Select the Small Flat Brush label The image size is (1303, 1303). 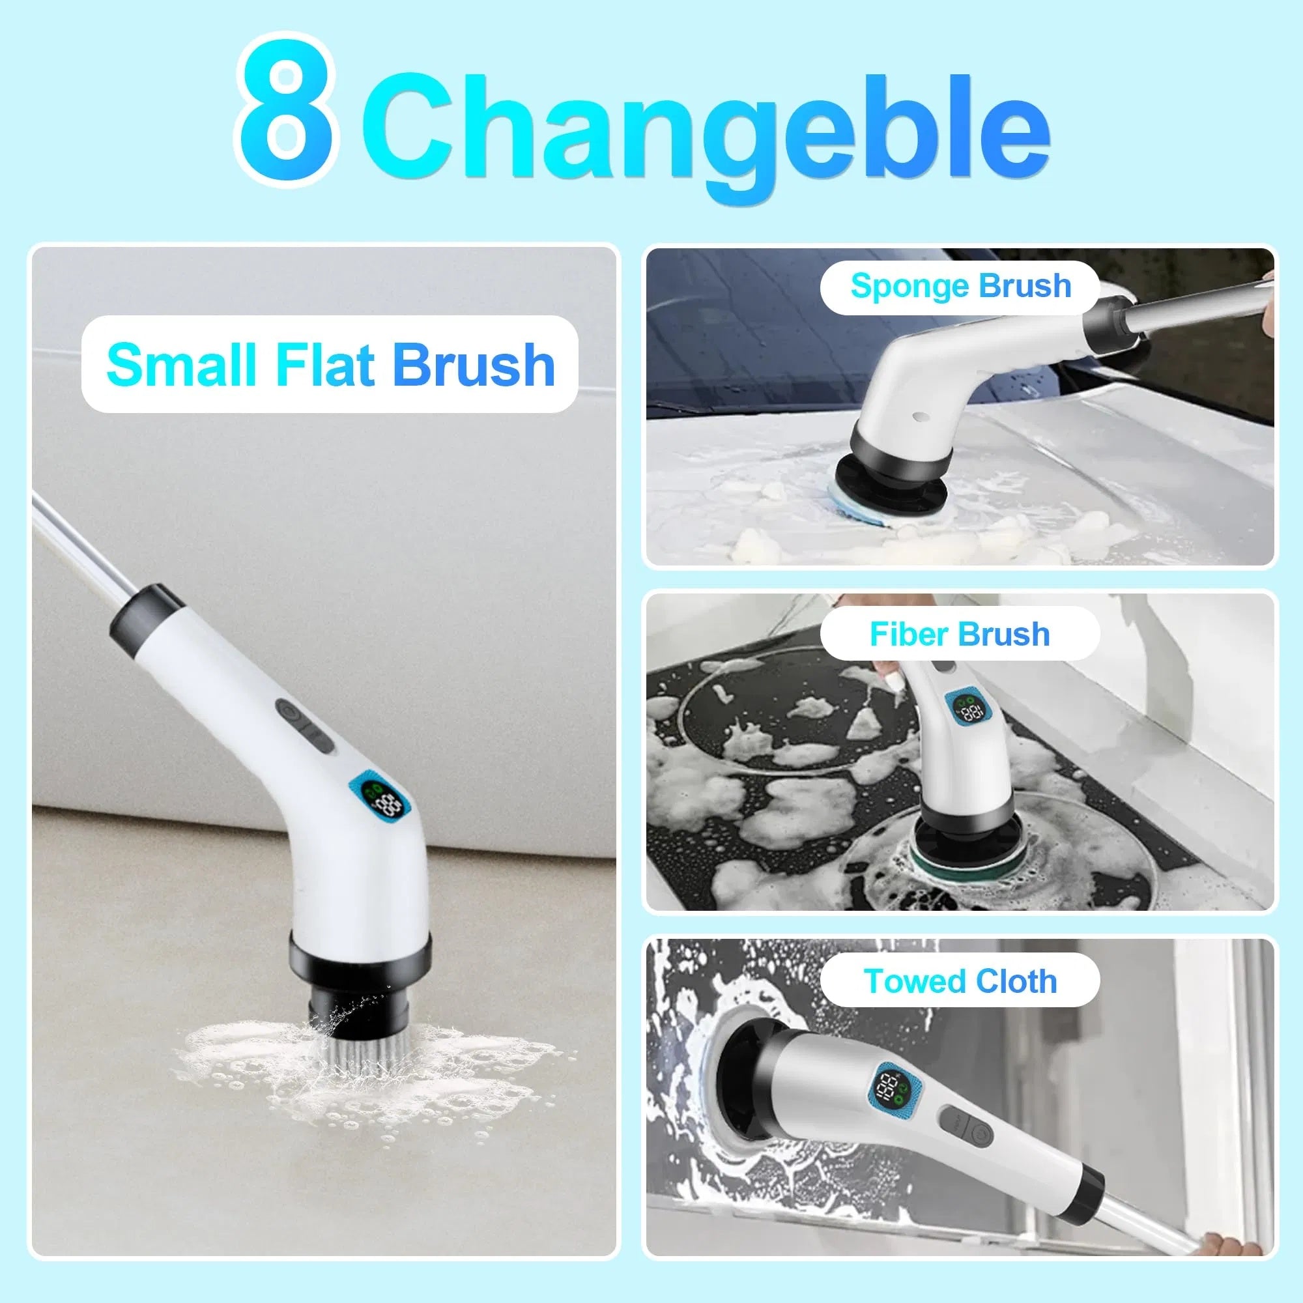(330, 364)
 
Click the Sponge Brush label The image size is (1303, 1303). (960, 286)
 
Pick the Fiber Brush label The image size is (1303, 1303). (960, 634)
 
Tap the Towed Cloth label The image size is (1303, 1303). (960, 981)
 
